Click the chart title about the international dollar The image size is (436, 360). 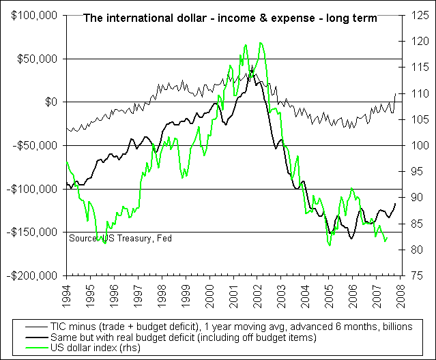coord(229,18)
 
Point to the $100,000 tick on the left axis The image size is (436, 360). coord(31,15)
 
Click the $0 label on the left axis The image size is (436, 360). coord(49,102)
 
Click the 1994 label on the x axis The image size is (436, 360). coord(66,293)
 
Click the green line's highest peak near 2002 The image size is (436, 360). coord(260,43)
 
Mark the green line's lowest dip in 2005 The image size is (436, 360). coord(329,245)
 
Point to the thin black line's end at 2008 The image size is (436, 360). coord(395,93)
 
